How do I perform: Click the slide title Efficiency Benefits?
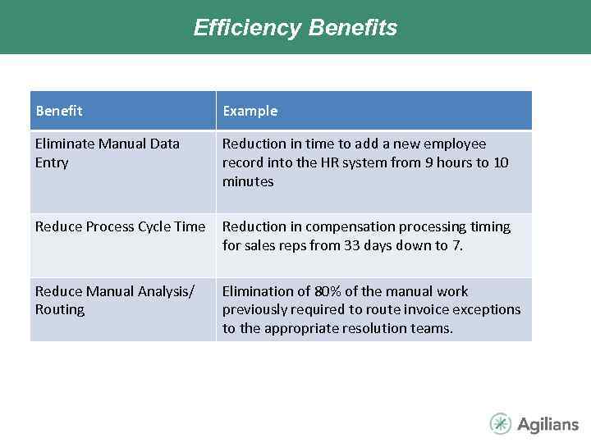pyautogui.click(x=295, y=28)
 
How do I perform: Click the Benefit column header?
pyautogui.click(x=59, y=111)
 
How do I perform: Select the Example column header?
pyautogui.click(x=250, y=111)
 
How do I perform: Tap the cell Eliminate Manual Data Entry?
pyautogui.click(x=107, y=153)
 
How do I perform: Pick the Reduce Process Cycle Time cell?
pyautogui.click(x=120, y=226)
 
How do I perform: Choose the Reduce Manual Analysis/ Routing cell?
pyautogui.click(x=114, y=300)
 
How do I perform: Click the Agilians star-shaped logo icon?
pyautogui.click(x=500, y=423)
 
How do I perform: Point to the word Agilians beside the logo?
pyautogui.click(x=547, y=424)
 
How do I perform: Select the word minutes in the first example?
pyautogui.click(x=248, y=181)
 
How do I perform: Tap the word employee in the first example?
pyautogui.click(x=456, y=144)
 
